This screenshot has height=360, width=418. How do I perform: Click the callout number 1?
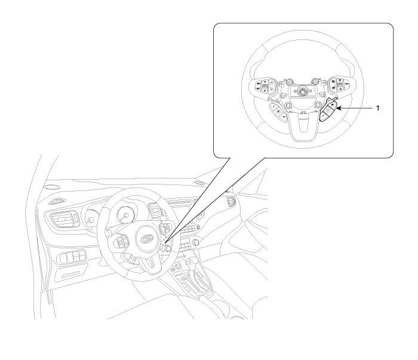(x=377, y=108)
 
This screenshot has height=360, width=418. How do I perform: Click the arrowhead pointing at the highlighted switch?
(x=339, y=108)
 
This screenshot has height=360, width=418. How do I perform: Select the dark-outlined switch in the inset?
(x=329, y=110)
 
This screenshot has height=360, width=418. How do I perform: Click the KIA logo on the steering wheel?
(x=147, y=239)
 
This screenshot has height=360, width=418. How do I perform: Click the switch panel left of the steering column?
(x=72, y=257)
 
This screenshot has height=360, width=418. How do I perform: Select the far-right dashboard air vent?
(x=230, y=201)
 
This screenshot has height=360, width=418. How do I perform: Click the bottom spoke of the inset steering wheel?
(x=303, y=125)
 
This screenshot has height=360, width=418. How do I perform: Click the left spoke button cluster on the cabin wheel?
(x=121, y=242)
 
